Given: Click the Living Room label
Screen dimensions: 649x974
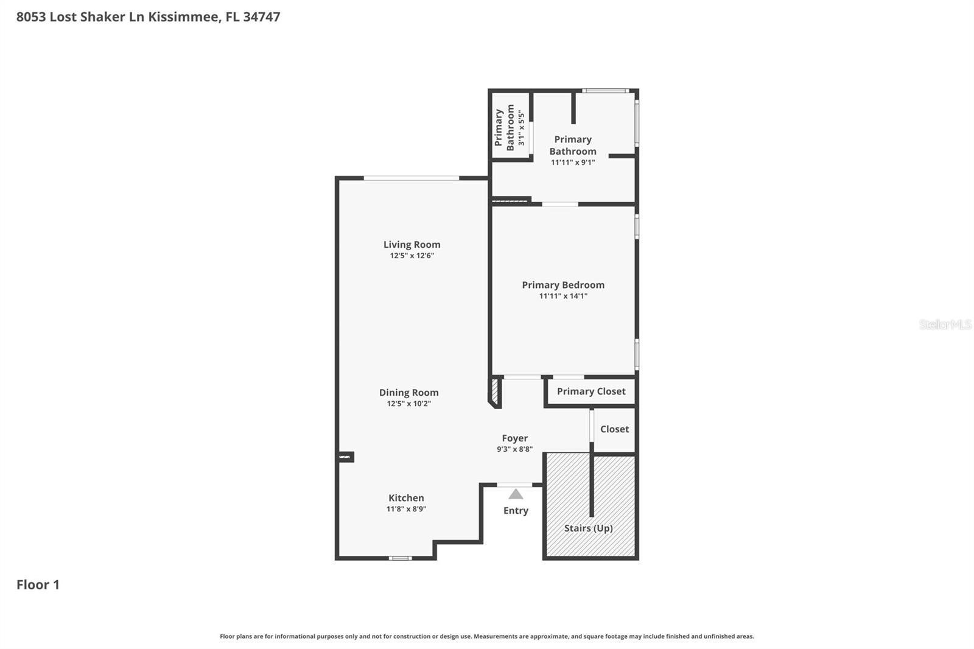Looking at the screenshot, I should pyautogui.click(x=412, y=244).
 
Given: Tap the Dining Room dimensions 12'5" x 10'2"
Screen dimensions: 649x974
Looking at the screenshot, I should pyautogui.click(x=408, y=404).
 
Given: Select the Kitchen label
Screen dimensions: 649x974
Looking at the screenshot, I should pyautogui.click(x=406, y=497).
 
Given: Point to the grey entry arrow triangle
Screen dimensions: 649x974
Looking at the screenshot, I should pyautogui.click(x=516, y=494).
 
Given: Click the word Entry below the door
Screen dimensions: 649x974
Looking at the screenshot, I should pyautogui.click(x=516, y=510).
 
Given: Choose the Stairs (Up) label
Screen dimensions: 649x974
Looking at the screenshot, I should pyautogui.click(x=588, y=528).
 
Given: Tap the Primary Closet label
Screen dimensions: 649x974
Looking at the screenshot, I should pyautogui.click(x=590, y=391).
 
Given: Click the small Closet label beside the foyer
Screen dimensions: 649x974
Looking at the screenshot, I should pyautogui.click(x=614, y=429).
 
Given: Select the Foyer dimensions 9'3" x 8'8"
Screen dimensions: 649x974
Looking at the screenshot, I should pyautogui.click(x=514, y=449).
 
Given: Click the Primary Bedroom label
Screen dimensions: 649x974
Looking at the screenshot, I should pyautogui.click(x=563, y=284).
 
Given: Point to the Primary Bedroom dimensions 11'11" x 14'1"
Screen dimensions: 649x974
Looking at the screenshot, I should pyautogui.click(x=563, y=296).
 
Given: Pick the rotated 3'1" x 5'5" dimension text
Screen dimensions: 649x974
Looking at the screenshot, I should pyautogui.click(x=520, y=127).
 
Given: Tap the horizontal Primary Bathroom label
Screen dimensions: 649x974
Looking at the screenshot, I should pyautogui.click(x=572, y=146).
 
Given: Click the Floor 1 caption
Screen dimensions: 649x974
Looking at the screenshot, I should pyautogui.click(x=38, y=584).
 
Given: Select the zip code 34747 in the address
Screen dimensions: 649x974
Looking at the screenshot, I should pyautogui.click(x=261, y=16).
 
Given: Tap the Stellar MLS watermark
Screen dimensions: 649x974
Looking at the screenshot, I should pyautogui.click(x=945, y=324).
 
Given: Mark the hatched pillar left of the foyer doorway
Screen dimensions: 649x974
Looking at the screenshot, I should pyautogui.click(x=495, y=392).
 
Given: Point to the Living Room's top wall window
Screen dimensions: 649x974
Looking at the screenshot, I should pyautogui.click(x=411, y=178).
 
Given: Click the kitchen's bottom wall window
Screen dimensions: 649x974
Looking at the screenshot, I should pyautogui.click(x=400, y=558).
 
